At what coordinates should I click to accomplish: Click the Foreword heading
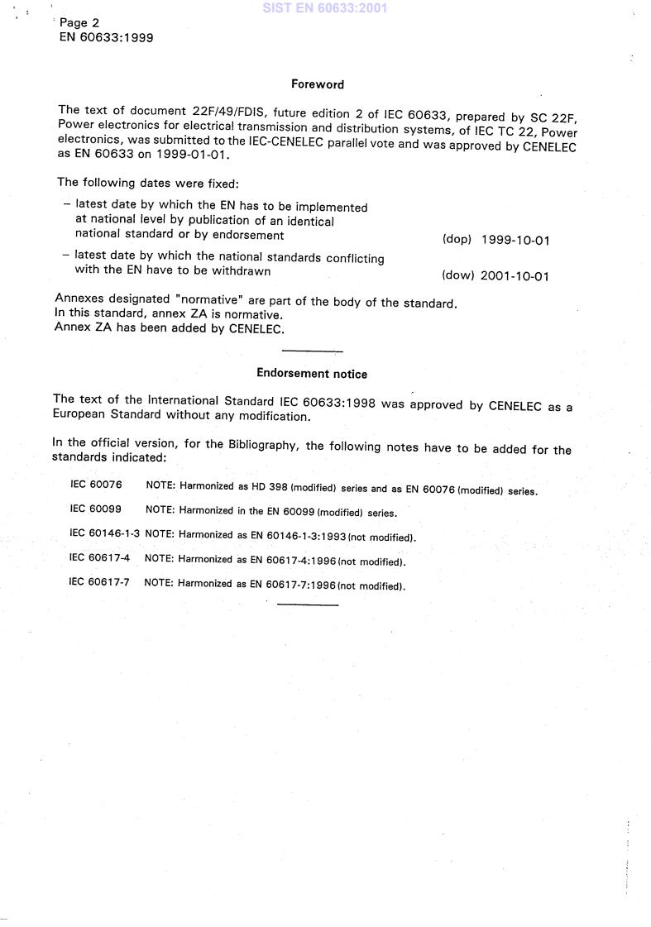318,84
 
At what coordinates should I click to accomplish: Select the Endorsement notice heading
312,374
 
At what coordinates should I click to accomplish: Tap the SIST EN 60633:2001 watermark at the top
324,9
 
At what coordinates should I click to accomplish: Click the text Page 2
79,23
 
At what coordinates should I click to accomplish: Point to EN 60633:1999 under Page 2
106,37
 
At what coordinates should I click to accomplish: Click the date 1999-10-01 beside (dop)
515,241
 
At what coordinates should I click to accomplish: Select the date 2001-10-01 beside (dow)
515,276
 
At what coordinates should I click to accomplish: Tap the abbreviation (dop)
457,240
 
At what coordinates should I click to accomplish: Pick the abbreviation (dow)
457,275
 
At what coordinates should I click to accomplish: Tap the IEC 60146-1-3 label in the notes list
105,534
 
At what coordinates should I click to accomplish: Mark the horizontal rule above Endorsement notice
312,352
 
